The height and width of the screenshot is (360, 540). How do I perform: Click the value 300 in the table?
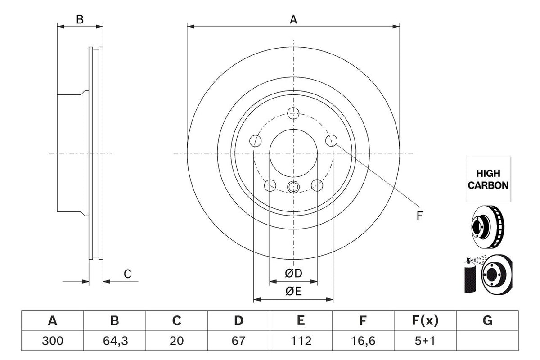[53, 341]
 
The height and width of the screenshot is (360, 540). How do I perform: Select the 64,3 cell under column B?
[116, 341]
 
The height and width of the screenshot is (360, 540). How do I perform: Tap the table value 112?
[301, 341]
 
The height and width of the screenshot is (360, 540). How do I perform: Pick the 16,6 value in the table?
[363, 341]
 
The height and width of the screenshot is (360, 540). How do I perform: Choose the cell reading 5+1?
[425, 341]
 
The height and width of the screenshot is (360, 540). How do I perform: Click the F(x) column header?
[425, 321]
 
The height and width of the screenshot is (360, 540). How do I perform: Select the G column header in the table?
[487, 321]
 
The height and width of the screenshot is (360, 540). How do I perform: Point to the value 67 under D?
[238, 341]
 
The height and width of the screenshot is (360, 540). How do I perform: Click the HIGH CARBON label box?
[488, 179]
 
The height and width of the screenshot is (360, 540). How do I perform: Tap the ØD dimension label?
[293, 274]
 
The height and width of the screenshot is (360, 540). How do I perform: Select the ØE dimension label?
[293, 291]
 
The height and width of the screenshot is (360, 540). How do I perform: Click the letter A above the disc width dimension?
[293, 19]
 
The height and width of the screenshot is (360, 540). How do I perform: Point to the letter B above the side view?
[80, 19]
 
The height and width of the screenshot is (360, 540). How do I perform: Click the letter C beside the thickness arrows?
[127, 274]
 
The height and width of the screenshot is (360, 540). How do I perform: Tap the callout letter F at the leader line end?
[419, 216]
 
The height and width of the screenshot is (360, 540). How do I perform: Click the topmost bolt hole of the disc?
[293, 113]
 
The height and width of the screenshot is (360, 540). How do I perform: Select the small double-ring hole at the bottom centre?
[293, 187]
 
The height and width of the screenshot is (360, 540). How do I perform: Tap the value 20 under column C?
[176, 341]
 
